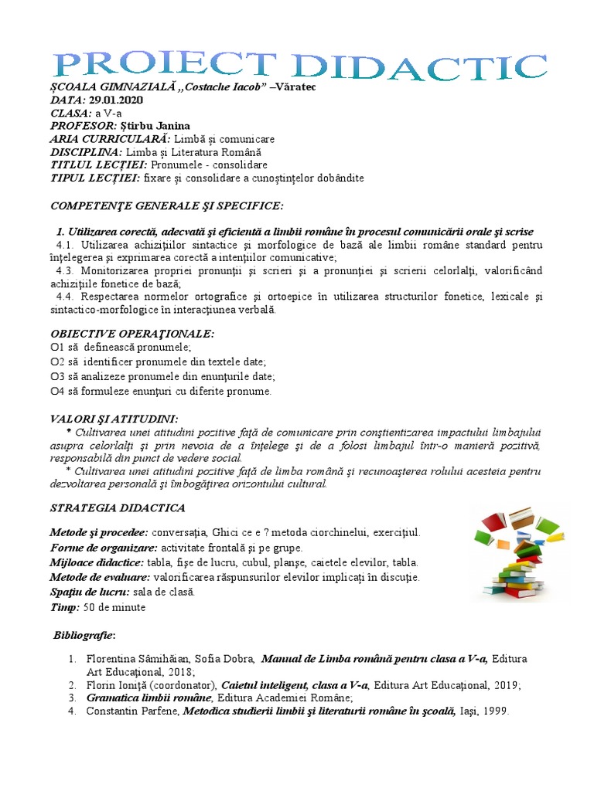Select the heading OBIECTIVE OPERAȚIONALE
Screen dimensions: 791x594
tap(132, 333)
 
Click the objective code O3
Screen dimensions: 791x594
tap(57, 376)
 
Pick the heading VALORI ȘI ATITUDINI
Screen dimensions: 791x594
tap(114, 418)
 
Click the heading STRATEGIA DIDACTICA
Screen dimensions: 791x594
tap(118, 508)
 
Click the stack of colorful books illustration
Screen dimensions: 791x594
tap(519, 553)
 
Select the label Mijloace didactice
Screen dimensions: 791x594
tap(97, 562)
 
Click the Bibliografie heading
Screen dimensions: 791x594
tap(84, 636)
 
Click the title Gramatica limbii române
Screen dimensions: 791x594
tap(144, 698)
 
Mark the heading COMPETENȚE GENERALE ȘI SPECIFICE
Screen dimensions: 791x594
tap(167, 206)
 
